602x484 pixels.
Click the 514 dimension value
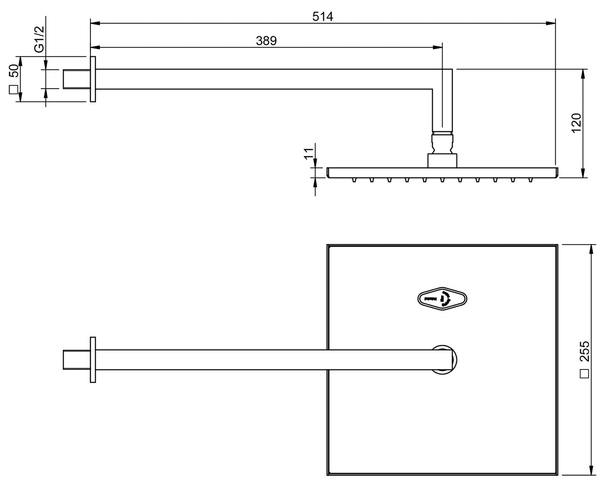click(x=322, y=17)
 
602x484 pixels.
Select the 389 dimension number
click(x=266, y=41)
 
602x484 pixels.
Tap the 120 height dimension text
click(x=576, y=123)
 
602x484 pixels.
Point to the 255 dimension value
click(x=585, y=351)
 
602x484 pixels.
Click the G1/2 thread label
click(x=39, y=39)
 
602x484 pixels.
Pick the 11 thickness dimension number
click(x=309, y=153)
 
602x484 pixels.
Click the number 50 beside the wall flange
click(x=13, y=71)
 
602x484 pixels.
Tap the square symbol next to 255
click(x=585, y=374)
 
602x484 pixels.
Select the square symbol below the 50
click(x=13, y=89)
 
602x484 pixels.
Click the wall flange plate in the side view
click(x=93, y=79)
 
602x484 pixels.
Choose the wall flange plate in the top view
click(x=93, y=359)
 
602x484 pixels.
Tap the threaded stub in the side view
click(x=76, y=79)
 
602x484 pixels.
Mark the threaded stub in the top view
click(x=76, y=359)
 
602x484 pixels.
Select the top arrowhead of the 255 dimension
click(x=591, y=249)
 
